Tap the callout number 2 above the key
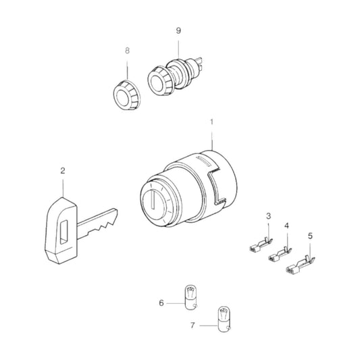[x=63, y=172]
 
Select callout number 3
[x=268, y=215]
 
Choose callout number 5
[x=310, y=236]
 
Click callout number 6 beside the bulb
[x=161, y=303]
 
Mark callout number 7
[x=193, y=325]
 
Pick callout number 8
[x=126, y=51]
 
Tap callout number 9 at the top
[x=178, y=30]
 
